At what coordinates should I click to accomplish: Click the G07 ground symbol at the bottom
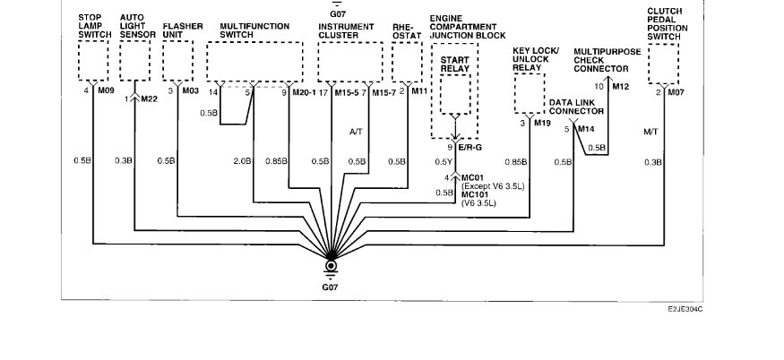pyautogui.click(x=332, y=266)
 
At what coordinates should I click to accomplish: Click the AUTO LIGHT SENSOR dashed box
pyautogui.click(x=134, y=61)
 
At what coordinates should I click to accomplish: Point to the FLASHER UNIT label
pyautogui.click(x=183, y=30)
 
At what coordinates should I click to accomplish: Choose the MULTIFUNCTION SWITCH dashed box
pyautogui.click(x=255, y=61)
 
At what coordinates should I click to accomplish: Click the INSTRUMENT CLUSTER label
pyautogui.click(x=345, y=30)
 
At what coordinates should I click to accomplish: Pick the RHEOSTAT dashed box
pyautogui.click(x=407, y=61)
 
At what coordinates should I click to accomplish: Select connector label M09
pyautogui.click(x=105, y=91)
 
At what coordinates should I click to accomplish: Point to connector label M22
pyautogui.click(x=149, y=99)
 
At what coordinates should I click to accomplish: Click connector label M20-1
pyautogui.click(x=305, y=91)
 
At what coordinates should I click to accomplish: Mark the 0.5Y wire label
pyautogui.click(x=444, y=162)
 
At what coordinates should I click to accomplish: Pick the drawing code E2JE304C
pyautogui.click(x=685, y=306)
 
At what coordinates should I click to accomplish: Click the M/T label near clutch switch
pyautogui.click(x=651, y=133)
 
